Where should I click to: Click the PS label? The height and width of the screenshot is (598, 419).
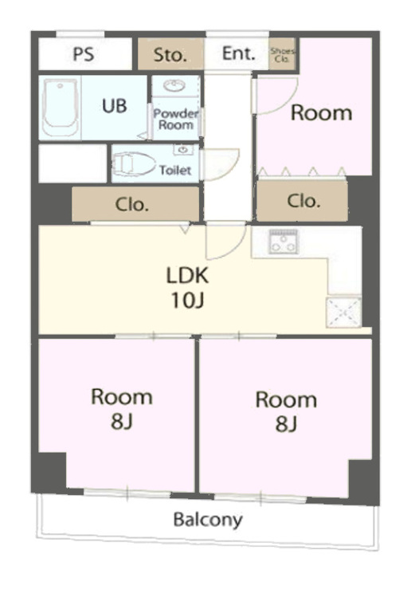tap(84, 53)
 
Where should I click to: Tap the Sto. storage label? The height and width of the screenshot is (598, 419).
tap(170, 55)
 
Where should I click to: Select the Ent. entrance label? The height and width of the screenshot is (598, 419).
tap(238, 53)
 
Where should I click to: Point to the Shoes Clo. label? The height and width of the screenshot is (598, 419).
tap(283, 55)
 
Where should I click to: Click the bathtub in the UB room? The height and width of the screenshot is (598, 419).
tap(60, 107)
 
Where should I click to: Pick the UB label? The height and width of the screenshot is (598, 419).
tap(114, 105)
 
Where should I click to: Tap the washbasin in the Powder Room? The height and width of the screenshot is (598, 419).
tap(174, 85)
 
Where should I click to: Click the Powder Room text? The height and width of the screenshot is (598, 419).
tap(176, 120)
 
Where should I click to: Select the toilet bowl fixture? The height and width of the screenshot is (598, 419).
tap(135, 164)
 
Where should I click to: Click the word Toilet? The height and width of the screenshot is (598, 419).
tap(175, 170)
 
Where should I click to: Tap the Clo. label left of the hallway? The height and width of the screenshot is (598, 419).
tap(131, 205)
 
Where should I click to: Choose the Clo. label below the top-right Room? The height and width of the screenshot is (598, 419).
tap(303, 201)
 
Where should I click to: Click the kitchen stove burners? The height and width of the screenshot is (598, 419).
tap(284, 242)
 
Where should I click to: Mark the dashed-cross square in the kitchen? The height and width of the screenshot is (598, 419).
tap(343, 312)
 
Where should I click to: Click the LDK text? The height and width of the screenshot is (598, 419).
tap(187, 275)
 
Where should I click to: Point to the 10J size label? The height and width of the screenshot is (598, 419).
tap(187, 301)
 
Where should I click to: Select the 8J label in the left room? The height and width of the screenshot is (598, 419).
tap(122, 422)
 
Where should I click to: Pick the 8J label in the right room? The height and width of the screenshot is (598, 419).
tap(286, 423)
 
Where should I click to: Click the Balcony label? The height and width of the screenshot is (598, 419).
tap(208, 520)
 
